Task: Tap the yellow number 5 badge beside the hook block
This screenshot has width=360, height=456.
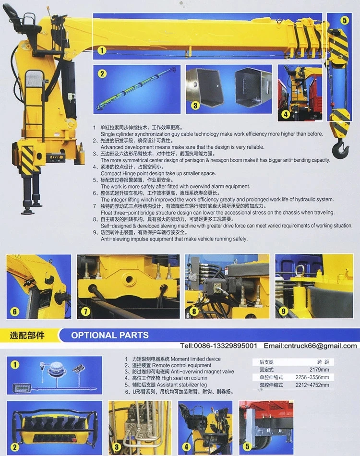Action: [x=345, y=21]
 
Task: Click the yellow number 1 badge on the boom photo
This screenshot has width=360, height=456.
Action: [x=102, y=50]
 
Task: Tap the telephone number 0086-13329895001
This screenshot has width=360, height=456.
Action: [x=225, y=346]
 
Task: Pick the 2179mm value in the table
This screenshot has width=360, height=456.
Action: [x=318, y=370]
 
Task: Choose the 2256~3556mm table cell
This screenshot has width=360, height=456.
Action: [x=312, y=377]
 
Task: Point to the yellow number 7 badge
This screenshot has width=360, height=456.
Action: [x=85, y=311]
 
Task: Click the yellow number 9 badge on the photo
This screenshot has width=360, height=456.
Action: [x=283, y=311]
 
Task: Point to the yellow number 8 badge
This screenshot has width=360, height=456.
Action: [x=194, y=311]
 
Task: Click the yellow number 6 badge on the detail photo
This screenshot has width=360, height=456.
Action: [x=15, y=312]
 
